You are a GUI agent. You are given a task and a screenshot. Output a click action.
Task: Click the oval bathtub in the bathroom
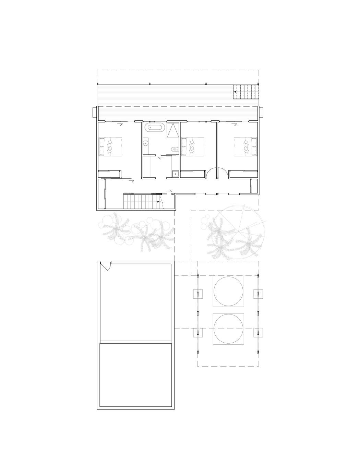tap(155, 128)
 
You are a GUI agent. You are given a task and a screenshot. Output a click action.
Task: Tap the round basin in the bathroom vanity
tap(146, 144)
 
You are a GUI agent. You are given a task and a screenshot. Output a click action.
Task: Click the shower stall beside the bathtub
tap(173, 130)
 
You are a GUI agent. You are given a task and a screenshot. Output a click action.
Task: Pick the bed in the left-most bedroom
tap(111, 147)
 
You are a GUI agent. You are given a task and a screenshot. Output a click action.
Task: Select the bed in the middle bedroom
tap(193, 147)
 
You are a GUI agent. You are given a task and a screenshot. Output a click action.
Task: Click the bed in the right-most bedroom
tap(245, 147)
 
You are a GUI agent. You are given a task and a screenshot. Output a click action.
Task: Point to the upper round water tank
tap(229, 291)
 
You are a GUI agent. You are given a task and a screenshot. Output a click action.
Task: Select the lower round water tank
tap(229, 329)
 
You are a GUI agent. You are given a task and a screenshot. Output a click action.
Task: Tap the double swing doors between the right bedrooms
tap(216, 174)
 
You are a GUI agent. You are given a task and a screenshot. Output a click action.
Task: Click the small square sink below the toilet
tap(176, 174)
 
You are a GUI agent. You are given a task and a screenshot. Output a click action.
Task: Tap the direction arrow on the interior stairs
tap(158, 202)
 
